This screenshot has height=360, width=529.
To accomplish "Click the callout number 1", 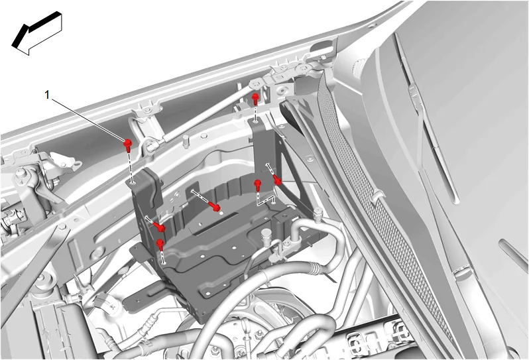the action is pos(47,95).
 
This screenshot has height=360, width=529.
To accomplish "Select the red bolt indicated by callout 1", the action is pos(127,145).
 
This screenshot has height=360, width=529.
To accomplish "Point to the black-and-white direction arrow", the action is pos(36,33).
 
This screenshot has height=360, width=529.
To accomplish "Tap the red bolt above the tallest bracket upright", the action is pos(255,99).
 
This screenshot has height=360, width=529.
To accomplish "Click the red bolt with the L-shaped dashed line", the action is pos(258,185).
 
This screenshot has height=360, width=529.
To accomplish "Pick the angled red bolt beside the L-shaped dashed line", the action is pos(276,180).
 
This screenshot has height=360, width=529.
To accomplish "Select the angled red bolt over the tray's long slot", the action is pos(215,206).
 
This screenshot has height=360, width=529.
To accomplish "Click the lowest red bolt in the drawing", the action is pos(160,244).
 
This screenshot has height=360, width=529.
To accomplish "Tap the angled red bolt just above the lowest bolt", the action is pos(159,227).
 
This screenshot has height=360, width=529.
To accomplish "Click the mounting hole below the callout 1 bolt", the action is pos(134,183).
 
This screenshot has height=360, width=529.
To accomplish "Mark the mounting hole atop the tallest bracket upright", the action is pos(257,119).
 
